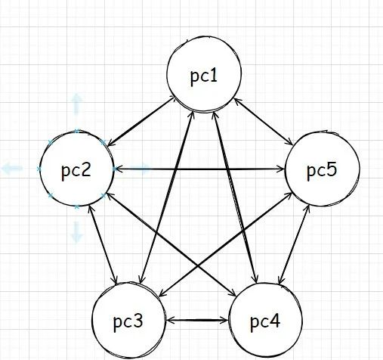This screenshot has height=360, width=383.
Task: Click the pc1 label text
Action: [204, 76]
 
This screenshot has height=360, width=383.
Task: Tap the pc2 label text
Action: [76, 171]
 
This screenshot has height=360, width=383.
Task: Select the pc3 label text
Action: [128, 321]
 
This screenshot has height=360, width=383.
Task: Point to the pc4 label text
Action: [265, 321]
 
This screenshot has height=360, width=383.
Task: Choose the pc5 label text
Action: [322, 171]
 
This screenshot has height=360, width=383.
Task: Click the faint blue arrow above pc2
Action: [77, 104]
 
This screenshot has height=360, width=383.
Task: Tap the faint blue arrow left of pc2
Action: [12, 168]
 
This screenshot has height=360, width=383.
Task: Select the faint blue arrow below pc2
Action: [77, 232]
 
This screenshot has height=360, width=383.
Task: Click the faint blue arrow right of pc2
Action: [140, 169]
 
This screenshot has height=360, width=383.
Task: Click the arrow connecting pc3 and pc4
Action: [197, 321]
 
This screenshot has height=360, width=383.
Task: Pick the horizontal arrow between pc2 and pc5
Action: [199, 169]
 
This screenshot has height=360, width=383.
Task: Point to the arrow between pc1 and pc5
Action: [264, 122]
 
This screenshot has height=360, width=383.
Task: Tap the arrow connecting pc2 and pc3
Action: [103, 245]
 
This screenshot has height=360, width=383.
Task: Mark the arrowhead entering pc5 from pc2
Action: [281, 169]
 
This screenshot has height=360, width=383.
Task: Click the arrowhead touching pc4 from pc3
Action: [225, 321]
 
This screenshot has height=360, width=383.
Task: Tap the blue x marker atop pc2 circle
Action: [77, 131]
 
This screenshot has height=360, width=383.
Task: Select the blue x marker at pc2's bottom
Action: [77, 206]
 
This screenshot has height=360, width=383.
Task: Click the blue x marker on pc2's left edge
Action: [39, 169]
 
